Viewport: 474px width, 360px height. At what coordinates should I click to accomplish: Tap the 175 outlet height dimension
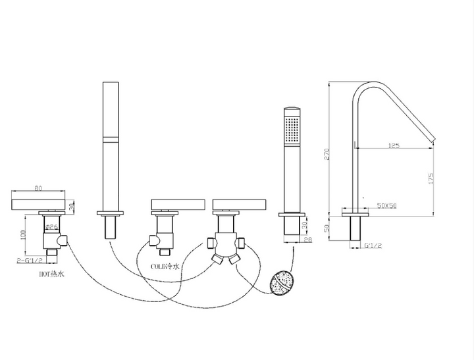(431, 178)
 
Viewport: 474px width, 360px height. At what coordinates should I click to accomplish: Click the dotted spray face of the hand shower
(290, 125)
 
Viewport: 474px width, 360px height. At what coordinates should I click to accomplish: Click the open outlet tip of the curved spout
(431, 136)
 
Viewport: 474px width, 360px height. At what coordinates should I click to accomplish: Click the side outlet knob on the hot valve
(62, 243)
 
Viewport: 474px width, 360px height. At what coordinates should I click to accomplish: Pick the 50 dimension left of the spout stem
(335, 228)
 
